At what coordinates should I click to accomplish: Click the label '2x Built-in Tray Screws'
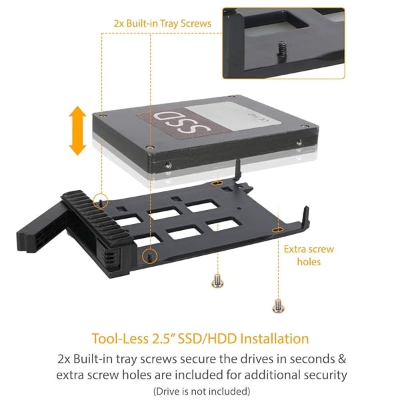(162, 23)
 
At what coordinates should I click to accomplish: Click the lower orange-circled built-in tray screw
(151, 256)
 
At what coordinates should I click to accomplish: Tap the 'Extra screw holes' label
(309, 255)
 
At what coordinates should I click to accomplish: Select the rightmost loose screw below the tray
(277, 305)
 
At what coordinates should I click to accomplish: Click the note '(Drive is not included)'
(201, 391)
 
